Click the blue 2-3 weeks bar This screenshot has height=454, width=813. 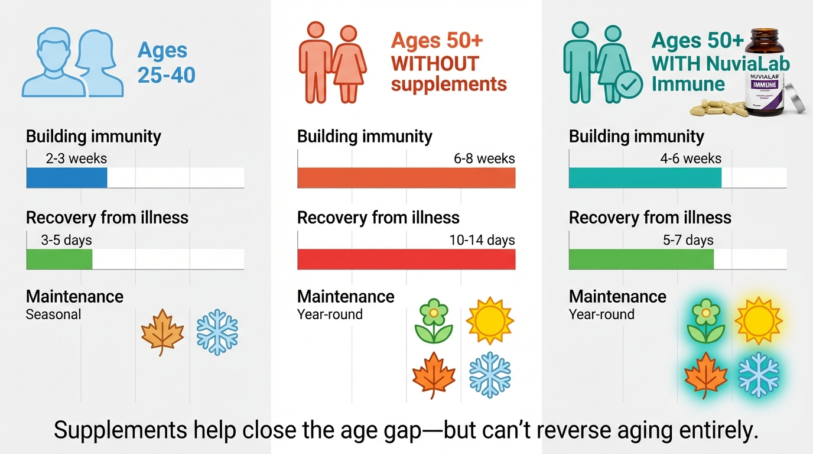pyautogui.click(x=67, y=177)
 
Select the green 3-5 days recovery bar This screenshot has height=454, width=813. pyautogui.click(x=59, y=259)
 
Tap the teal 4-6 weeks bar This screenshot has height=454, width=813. pyautogui.click(x=645, y=177)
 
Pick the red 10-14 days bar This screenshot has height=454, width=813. pyautogui.click(x=406, y=259)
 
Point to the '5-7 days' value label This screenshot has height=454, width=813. pyautogui.click(x=688, y=240)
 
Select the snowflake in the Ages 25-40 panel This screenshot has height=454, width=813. pyautogui.click(x=217, y=332)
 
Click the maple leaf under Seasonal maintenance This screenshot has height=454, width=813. pyautogui.click(x=162, y=333)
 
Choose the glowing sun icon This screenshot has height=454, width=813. pyautogui.click(x=758, y=321)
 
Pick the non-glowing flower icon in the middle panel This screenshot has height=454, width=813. pyautogui.click(x=434, y=320)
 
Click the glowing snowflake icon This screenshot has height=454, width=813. pyautogui.click(x=758, y=375)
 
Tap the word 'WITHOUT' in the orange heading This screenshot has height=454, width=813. pyautogui.click(x=435, y=63)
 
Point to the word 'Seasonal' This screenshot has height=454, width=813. pyautogui.click(x=53, y=314)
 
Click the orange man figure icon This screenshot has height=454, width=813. pyautogui.click(x=315, y=62)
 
